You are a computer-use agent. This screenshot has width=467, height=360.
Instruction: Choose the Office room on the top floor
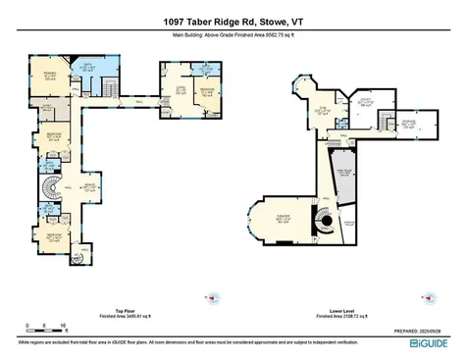tap(180, 93)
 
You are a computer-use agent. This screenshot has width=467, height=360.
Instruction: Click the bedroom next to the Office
tap(208, 96)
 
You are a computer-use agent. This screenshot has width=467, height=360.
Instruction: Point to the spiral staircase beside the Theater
tap(322, 224)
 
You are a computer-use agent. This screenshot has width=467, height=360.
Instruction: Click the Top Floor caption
tap(116, 309)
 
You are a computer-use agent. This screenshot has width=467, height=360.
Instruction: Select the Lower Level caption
tap(339, 309)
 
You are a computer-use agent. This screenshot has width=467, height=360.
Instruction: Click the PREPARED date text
tap(426, 334)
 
